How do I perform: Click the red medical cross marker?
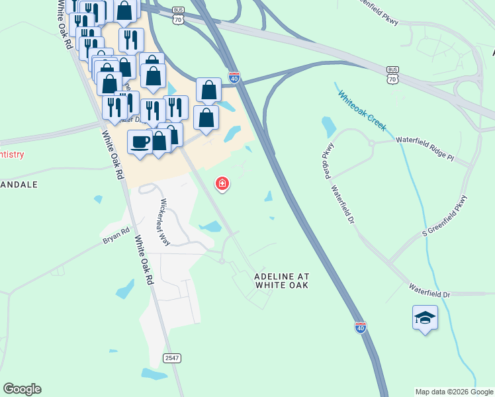222,183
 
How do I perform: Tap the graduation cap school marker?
424,318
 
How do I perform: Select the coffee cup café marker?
140,142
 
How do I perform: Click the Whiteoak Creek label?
361,110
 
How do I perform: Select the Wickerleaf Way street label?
163,223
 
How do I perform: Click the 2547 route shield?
171,358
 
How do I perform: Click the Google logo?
22,389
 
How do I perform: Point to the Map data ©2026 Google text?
454,392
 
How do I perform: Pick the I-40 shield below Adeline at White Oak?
360,328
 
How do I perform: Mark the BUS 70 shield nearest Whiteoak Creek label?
392,74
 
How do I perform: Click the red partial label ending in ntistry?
12,155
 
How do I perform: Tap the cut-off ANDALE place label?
19,185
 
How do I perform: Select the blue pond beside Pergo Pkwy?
328,126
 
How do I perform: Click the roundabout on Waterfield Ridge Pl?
372,142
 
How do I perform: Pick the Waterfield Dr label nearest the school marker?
429,292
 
